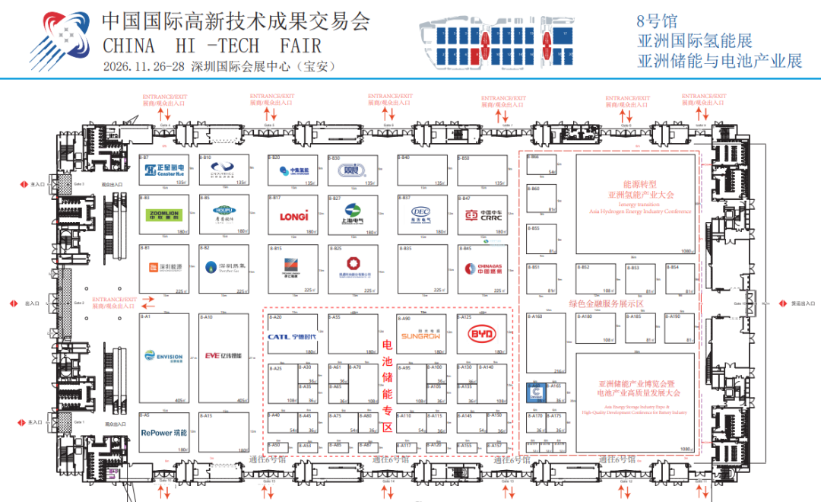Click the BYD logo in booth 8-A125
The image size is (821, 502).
(x=481, y=335)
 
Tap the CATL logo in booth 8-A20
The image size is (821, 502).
(x=292, y=336)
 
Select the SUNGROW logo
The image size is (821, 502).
(x=420, y=335)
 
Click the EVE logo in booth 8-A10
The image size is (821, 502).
(x=223, y=355)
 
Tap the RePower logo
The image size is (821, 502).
(x=163, y=433)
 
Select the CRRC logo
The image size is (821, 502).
(x=481, y=215)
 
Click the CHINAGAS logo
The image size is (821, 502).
(x=481, y=268)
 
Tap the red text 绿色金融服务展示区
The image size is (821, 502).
(x=606, y=303)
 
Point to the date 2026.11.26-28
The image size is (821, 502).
(x=144, y=66)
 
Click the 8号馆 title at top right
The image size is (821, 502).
(x=658, y=21)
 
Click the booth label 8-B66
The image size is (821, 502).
(x=533, y=157)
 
